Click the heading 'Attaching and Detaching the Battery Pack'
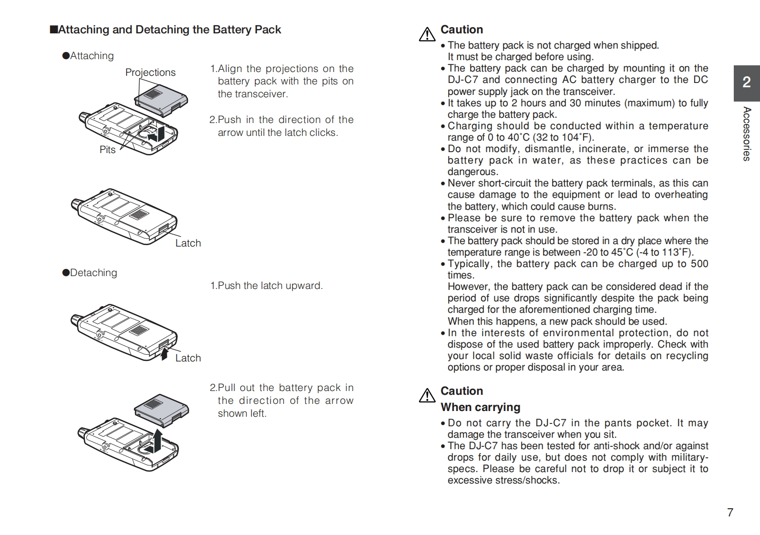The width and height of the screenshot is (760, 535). [x=165, y=30]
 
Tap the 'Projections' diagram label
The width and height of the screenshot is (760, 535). [x=150, y=72]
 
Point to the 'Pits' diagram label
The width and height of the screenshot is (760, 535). [x=107, y=150]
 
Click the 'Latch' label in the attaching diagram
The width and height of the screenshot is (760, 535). [x=188, y=243]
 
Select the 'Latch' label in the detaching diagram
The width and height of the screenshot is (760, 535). [x=188, y=358]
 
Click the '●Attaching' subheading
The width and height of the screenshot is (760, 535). [x=88, y=56]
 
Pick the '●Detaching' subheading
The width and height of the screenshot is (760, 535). [x=90, y=273]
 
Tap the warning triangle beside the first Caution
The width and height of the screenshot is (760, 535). [x=427, y=34]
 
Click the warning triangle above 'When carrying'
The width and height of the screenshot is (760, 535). [x=427, y=395]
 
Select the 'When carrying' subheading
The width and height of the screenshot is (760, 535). [x=480, y=407]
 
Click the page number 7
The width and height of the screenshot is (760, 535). [x=730, y=513]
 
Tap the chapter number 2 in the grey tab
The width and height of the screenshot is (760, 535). [x=746, y=82]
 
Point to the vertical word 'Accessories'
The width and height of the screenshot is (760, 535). [x=747, y=134]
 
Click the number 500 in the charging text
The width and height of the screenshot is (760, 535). [x=699, y=264]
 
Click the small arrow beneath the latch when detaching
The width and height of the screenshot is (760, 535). [x=164, y=353]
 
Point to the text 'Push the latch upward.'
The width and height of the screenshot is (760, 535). [x=270, y=286]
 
